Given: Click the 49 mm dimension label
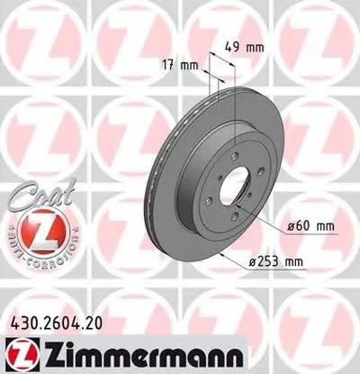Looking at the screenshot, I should coord(237,47).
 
